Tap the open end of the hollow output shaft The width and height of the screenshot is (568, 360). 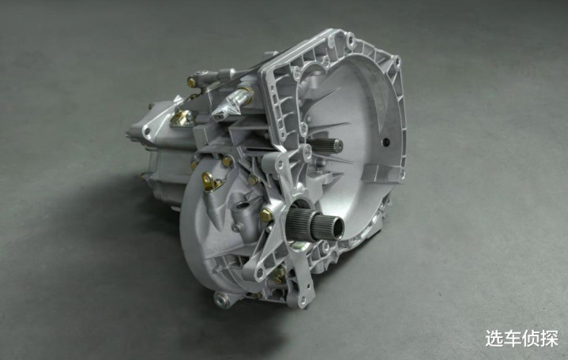(337, 228)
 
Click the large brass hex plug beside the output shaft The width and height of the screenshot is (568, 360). (266, 215)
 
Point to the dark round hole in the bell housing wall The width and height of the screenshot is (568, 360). (386, 141)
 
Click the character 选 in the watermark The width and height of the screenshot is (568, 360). (495, 338)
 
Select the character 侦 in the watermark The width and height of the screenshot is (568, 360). (531, 338)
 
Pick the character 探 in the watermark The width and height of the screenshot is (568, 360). (549, 338)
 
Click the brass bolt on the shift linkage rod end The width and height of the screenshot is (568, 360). (192, 82)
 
